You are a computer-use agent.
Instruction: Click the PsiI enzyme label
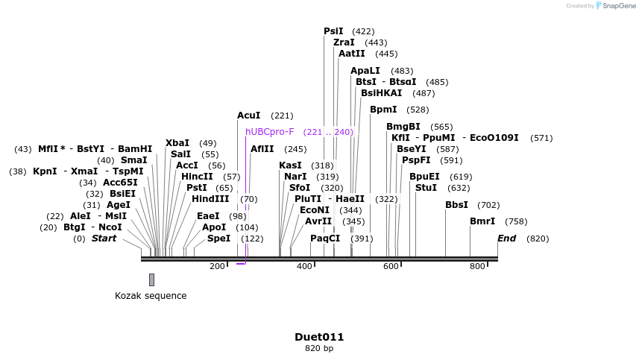point(333,31)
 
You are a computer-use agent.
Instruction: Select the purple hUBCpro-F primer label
point(270,132)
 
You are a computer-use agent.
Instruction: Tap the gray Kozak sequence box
point(152,280)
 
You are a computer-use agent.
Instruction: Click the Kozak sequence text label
point(151,296)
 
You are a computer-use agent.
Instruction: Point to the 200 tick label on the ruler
point(217,267)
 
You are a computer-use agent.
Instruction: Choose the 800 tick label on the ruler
point(477,267)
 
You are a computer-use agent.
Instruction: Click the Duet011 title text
point(319,337)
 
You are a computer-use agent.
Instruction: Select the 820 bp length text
point(319,348)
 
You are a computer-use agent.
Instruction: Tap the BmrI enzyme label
point(482,221)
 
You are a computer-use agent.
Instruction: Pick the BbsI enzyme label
point(457,205)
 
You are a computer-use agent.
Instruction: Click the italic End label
point(507,239)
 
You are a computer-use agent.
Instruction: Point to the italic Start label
point(104,239)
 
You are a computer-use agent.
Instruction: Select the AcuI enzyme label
point(249,116)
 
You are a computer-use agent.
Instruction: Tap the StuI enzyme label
point(426,188)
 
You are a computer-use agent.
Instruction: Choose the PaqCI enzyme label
point(325,239)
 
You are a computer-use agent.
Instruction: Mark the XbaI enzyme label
point(177,143)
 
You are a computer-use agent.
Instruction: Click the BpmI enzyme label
point(383,110)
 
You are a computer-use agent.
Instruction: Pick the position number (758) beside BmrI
point(516,221)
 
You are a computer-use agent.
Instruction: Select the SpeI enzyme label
point(219,239)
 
